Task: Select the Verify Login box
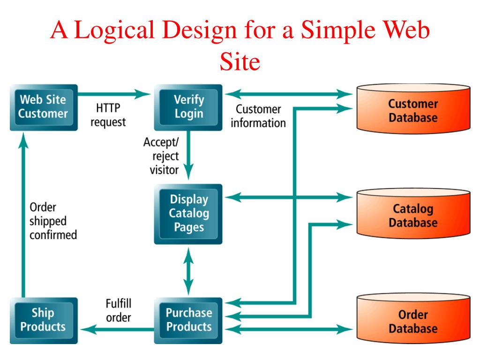pyautogui.click(x=188, y=107)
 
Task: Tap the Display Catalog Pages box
pyautogui.click(x=188, y=214)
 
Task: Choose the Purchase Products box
pyautogui.click(x=188, y=320)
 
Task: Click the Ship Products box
pyautogui.click(x=43, y=320)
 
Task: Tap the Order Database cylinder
pyautogui.click(x=413, y=321)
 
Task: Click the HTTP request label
pyautogui.click(x=108, y=115)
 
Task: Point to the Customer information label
pyautogui.click(x=258, y=116)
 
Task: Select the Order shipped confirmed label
pyautogui.click(x=53, y=221)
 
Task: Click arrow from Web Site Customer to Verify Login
pyautogui.click(x=112, y=94)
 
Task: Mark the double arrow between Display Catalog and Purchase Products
pyautogui.click(x=188, y=270)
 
